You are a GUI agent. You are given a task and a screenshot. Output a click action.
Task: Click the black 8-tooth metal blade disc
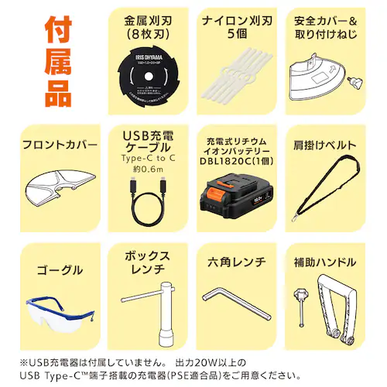[147, 77]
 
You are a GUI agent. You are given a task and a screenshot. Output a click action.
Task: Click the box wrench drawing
[147, 310]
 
